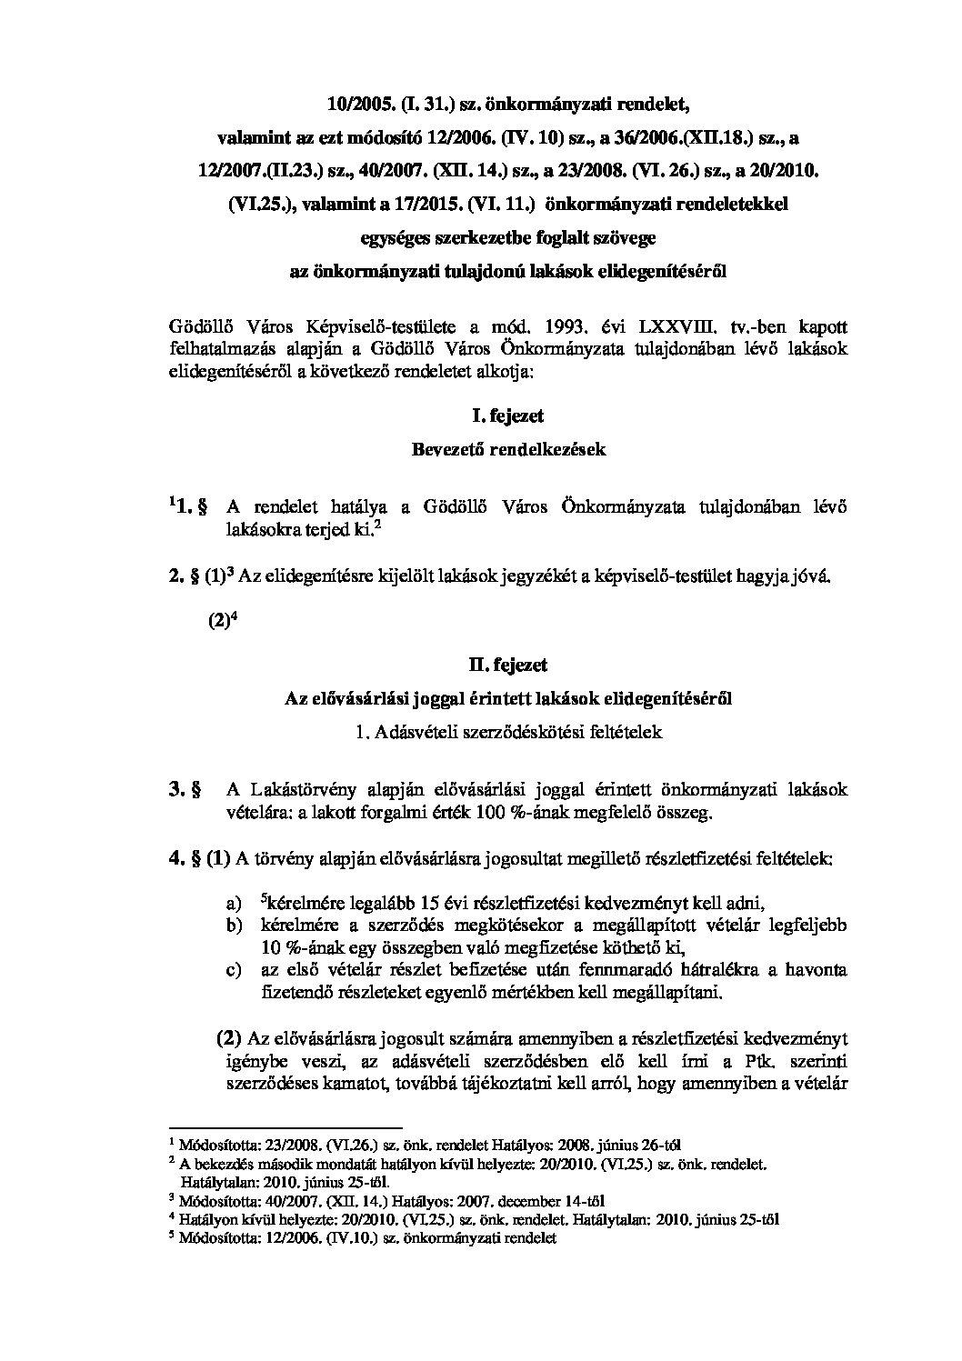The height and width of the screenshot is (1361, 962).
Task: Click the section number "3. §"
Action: (185, 789)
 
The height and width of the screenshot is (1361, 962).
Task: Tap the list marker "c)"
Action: (234, 971)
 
